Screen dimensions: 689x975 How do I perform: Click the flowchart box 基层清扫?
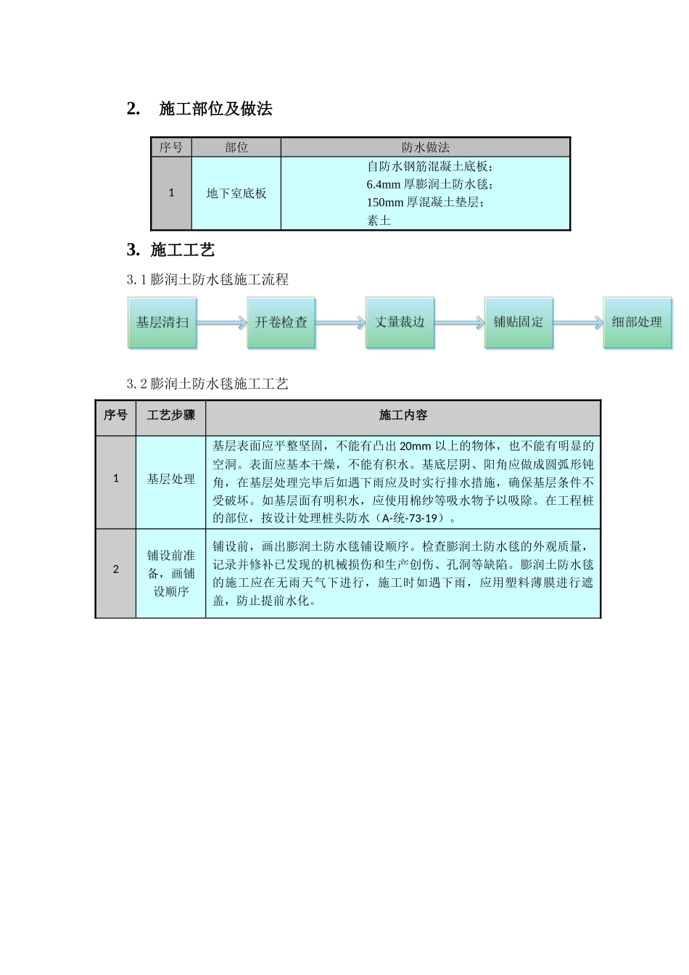[x=162, y=323]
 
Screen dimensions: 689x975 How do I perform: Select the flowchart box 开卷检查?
[x=281, y=323]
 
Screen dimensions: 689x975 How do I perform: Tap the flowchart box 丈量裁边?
[x=400, y=323]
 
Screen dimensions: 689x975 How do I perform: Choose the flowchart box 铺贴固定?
[x=519, y=323]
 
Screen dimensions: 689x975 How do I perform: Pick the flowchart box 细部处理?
[x=637, y=323]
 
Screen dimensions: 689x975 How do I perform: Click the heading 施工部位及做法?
[x=215, y=109]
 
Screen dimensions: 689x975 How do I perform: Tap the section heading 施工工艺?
[x=182, y=250]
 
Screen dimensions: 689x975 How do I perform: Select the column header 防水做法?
[x=426, y=147]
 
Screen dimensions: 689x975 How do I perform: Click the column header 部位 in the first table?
[x=236, y=147]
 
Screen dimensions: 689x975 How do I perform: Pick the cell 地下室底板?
[x=236, y=194]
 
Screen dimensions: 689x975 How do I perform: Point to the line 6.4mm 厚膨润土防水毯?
[x=429, y=184]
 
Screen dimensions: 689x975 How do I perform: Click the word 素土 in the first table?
[x=379, y=221]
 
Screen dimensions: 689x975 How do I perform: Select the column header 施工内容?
[x=403, y=415]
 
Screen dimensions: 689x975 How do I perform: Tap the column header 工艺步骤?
[x=171, y=415]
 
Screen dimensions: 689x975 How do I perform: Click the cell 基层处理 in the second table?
[x=171, y=479]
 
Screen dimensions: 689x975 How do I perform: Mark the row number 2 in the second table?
[x=116, y=569]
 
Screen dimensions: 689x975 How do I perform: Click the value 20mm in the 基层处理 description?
[x=415, y=446]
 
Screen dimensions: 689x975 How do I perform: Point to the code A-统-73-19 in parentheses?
[x=410, y=518]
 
